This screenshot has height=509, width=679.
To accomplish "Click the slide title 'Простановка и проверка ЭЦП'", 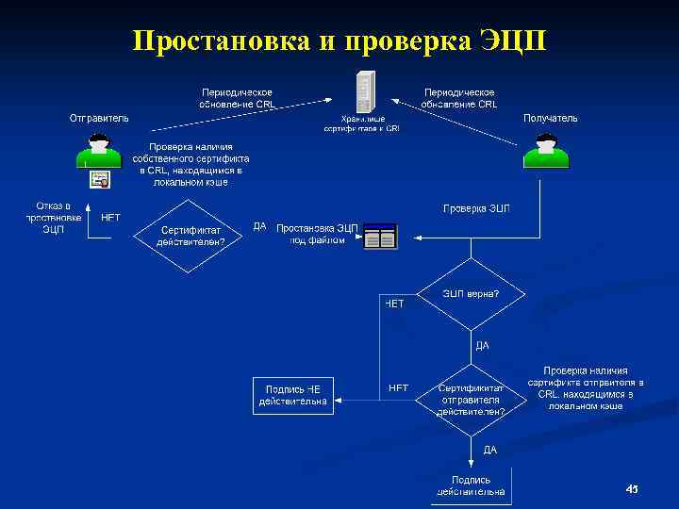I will [x=339, y=41].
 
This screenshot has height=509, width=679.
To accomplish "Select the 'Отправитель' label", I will [x=99, y=118].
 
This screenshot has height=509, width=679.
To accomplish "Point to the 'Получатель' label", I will [x=550, y=118].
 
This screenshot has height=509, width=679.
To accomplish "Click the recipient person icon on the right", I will [x=545, y=151].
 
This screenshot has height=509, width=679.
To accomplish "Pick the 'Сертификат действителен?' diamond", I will [x=191, y=235].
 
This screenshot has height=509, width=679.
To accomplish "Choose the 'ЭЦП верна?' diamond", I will [x=471, y=294].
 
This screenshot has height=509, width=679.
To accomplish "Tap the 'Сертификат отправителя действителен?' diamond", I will [x=471, y=399].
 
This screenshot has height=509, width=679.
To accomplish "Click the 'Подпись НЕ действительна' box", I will [x=293, y=395].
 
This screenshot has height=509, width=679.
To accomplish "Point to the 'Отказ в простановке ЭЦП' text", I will [x=53, y=218].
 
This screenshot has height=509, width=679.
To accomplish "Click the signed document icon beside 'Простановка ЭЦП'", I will [x=380, y=237].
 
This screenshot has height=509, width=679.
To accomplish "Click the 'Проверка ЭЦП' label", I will [x=476, y=207].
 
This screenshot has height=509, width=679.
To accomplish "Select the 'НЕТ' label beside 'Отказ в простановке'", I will [x=110, y=216].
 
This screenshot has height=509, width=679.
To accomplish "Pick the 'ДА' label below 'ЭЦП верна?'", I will [x=482, y=345].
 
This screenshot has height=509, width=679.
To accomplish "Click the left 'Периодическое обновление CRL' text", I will [x=237, y=98].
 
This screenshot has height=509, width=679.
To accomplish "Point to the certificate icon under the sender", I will [x=99, y=179].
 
